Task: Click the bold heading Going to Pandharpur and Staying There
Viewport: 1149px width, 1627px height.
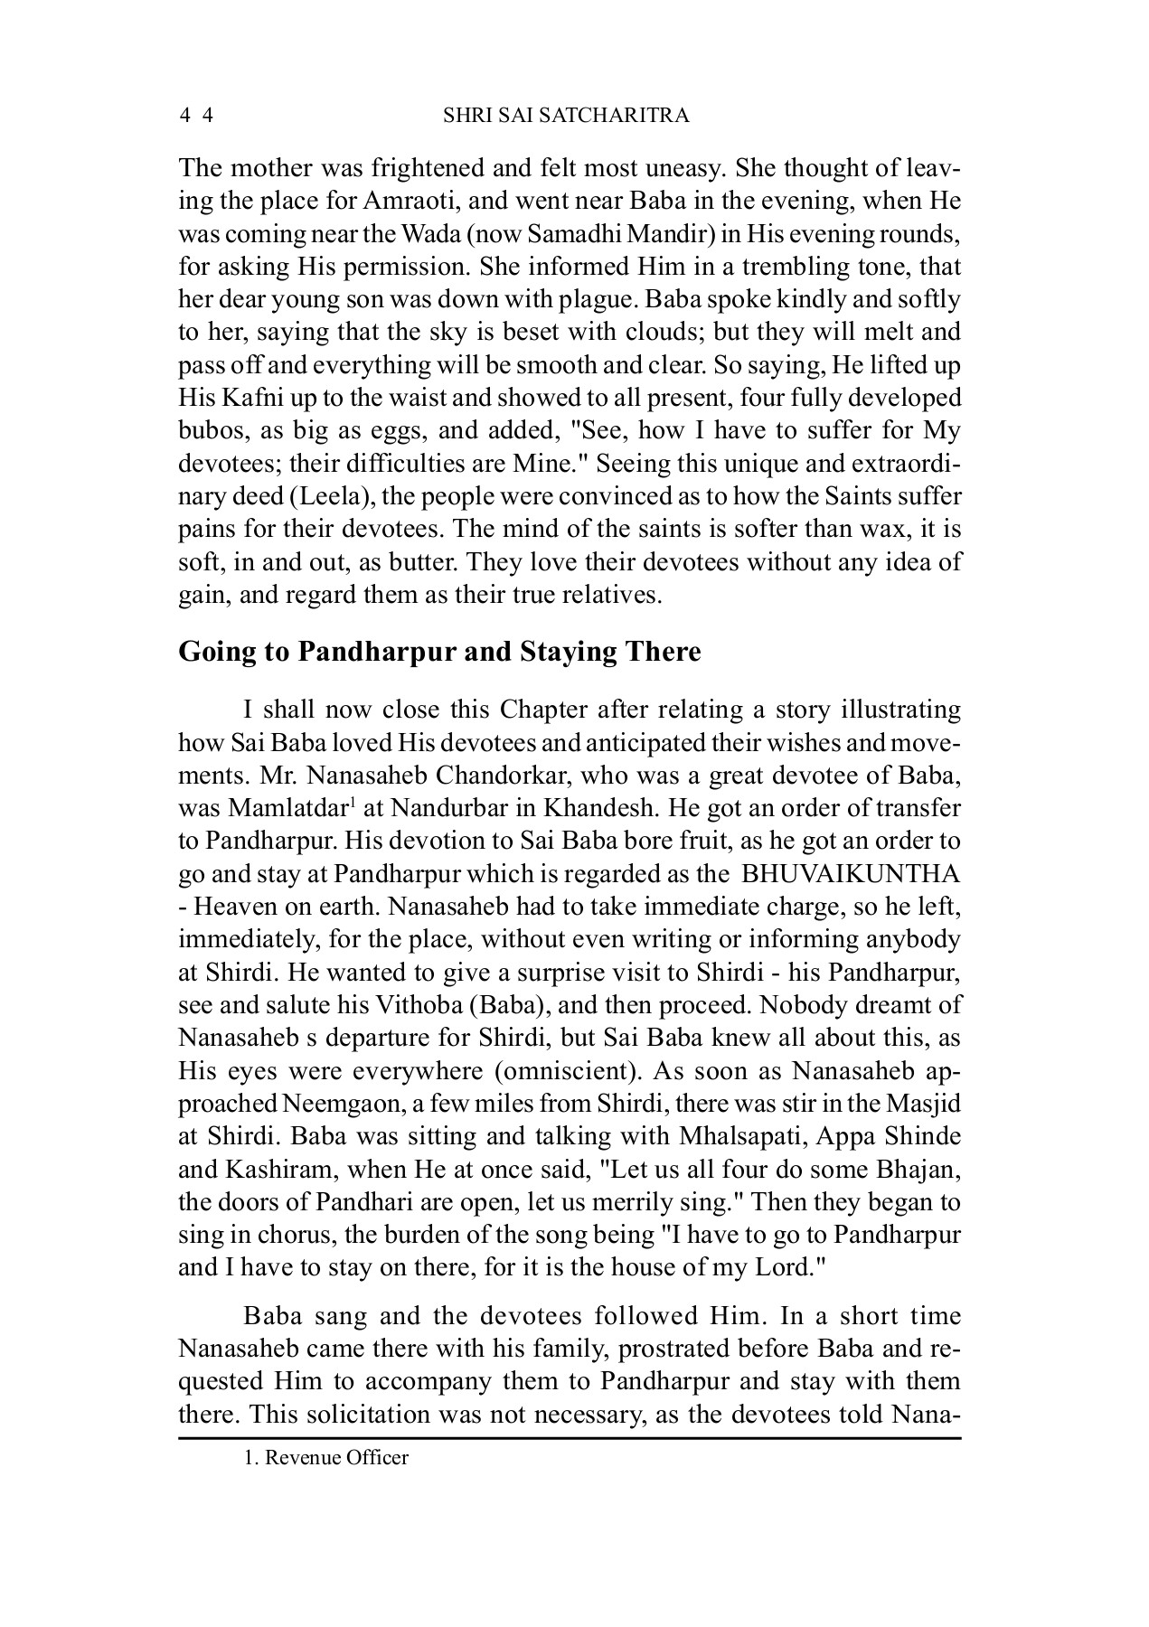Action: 439,652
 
